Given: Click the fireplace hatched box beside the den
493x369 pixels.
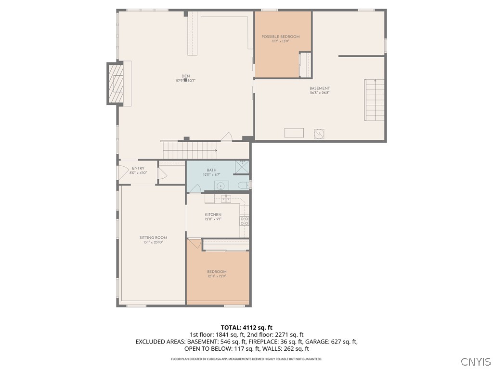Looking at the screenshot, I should tap(116, 84).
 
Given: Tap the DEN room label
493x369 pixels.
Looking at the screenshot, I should tap(185, 76).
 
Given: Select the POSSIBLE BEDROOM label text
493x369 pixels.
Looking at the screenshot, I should tap(281, 37).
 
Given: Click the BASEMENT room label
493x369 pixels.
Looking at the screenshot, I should tap(320, 88).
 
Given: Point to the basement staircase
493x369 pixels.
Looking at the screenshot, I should tap(374, 100).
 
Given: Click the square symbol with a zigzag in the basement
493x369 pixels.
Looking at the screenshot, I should tap(319, 133).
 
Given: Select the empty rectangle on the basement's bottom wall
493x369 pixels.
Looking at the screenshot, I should tap(294, 133).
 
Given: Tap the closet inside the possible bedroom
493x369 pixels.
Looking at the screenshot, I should tap(305, 65).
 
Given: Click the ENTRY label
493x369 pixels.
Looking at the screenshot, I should tap(138, 168).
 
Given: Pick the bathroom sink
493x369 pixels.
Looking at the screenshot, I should tap(221, 185).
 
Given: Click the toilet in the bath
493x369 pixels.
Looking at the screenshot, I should tap(242, 184).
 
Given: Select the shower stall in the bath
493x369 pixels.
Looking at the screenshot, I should tap(242, 167).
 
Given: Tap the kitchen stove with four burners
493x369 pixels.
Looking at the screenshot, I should tap(245, 221).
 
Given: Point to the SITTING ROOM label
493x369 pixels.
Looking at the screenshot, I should tap(153, 237).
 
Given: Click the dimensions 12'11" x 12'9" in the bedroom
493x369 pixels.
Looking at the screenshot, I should tap(217, 276).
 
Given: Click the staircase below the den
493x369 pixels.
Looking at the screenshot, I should tap(189, 150).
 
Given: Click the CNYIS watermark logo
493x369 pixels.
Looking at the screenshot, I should tap(476, 361).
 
